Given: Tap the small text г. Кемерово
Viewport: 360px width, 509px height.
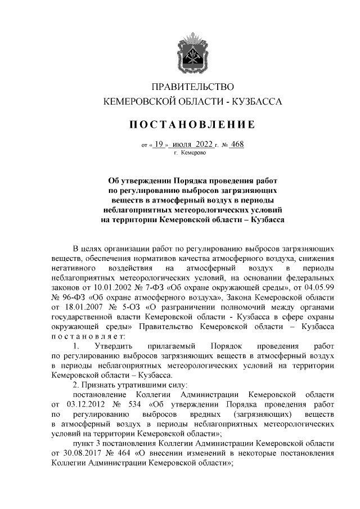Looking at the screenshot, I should tap(191, 152).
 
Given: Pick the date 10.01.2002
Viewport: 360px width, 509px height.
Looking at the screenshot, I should tap(110, 287).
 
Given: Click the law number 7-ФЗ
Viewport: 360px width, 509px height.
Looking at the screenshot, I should tap(149, 287).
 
